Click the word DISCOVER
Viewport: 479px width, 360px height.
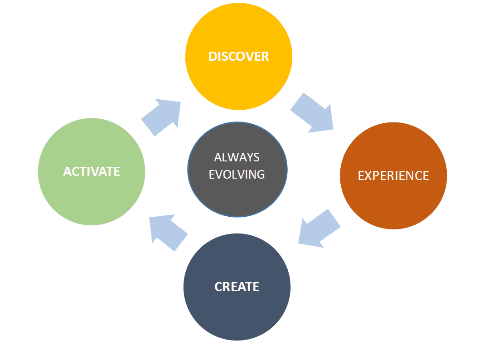[x=238, y=56]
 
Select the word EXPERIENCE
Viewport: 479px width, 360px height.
[x=393, y=175]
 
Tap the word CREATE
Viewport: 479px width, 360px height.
[x=237, y=287]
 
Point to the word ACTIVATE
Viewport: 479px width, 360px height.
[x=92, y=171]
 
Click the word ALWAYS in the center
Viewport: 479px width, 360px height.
[x=237, y=157]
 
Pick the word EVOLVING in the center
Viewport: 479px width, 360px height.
[x=237, y=174]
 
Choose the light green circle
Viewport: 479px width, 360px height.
[x=92, y=199]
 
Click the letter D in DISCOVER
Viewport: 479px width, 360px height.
[x=212, y=56]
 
